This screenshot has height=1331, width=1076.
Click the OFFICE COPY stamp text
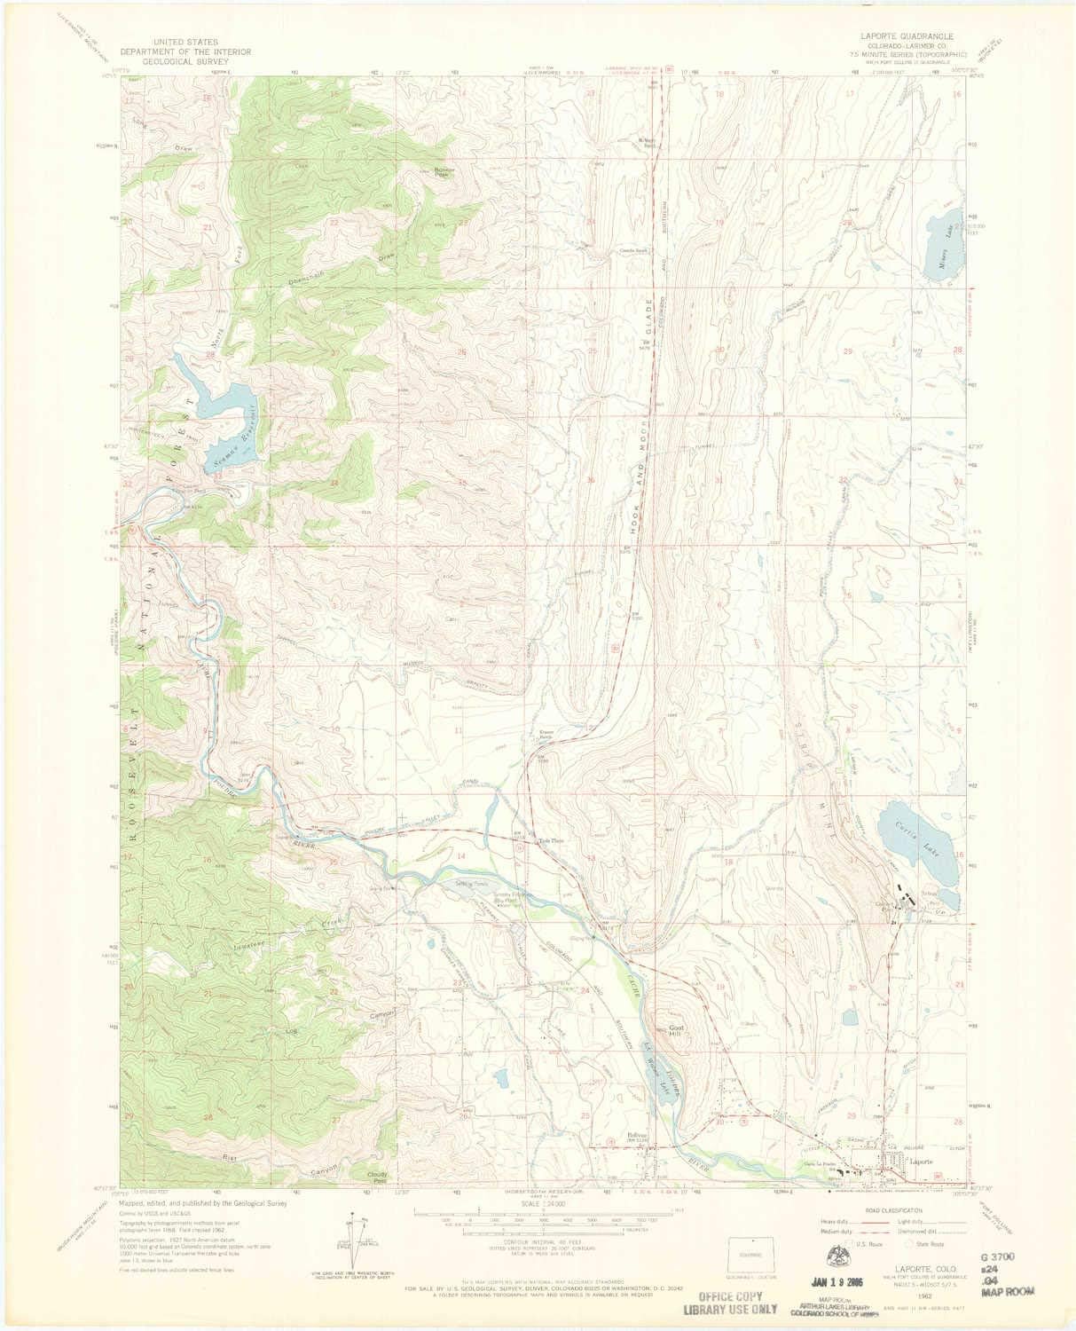point(730,1296)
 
